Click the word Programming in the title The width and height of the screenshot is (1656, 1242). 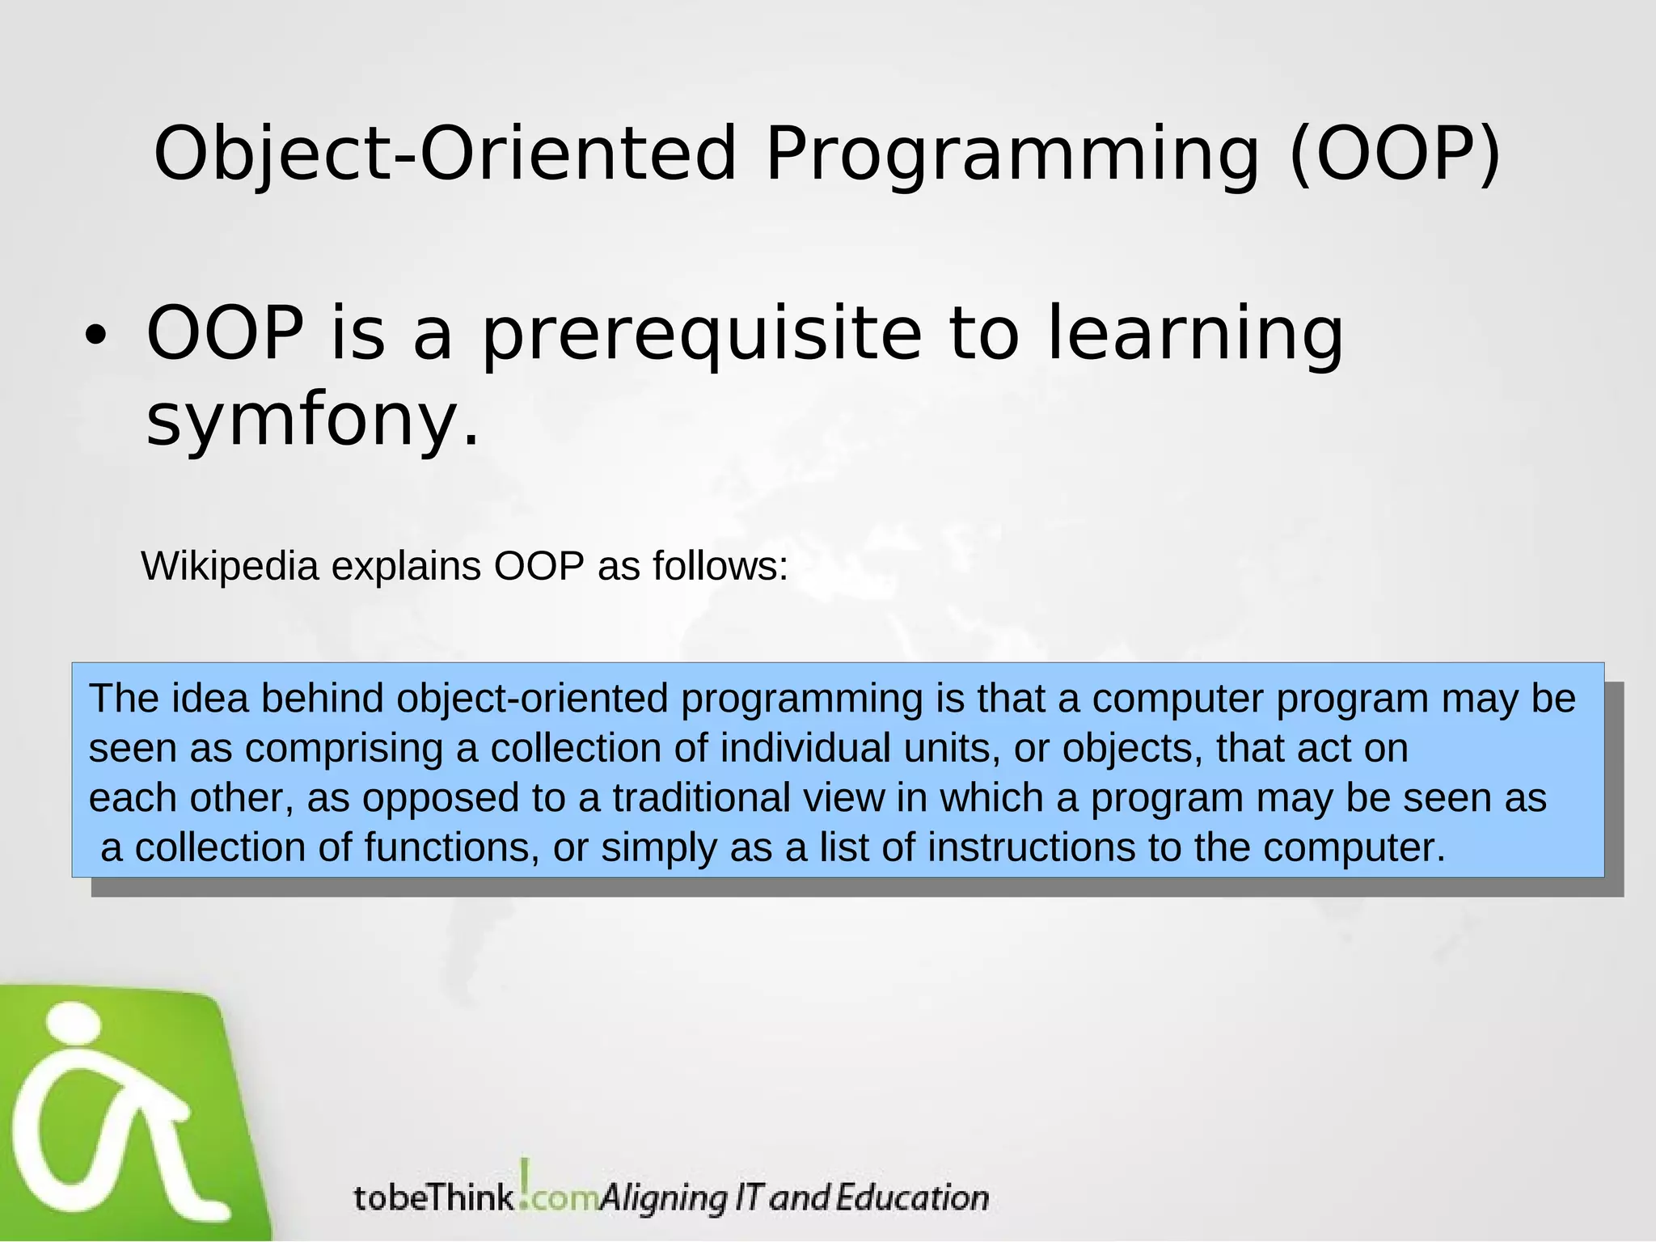(1011, 155)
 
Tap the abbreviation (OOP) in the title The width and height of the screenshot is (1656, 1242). (1394, 154)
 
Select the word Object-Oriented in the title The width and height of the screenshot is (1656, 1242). (444, 154)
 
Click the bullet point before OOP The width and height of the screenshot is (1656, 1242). (95, 339)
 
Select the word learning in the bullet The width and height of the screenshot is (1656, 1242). (1195, 335)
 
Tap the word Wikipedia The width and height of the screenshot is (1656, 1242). (230, 566)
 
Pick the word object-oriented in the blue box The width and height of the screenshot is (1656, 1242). (532, 699)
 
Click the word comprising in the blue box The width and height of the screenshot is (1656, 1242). (344, 749)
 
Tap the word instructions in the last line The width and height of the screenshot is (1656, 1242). (1031, 848)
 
